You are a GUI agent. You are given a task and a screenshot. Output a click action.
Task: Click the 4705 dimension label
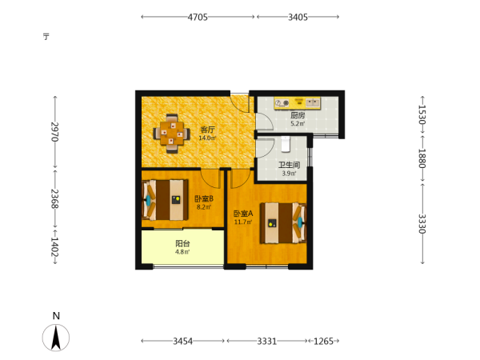pos(198,17)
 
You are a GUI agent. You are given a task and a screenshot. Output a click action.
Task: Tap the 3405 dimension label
pos(298,17)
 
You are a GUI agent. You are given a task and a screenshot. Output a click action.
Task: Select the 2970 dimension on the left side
pos(54,132)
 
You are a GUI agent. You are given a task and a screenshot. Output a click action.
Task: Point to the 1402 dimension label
pos(54,246)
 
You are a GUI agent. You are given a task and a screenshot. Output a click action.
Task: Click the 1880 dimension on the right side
pos(422,158)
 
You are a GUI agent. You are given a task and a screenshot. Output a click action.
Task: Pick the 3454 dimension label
pos(182,341)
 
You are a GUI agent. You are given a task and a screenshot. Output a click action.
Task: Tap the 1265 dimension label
pos(323,341)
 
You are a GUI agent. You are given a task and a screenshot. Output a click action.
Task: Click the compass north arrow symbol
pos(56,338)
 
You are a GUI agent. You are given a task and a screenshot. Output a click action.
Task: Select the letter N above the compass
pos(56,316)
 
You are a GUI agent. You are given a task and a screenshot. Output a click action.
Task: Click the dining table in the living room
pos(171,134)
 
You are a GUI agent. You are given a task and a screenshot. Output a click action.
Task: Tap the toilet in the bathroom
pos(286,144)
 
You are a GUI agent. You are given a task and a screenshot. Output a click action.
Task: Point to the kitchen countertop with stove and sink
pos(298,103)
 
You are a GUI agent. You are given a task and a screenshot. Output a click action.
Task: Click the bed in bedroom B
pos(166,200)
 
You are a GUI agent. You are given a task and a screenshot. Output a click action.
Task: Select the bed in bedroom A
pos(283,223)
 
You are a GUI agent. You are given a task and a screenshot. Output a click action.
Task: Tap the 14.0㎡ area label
pos(207,138)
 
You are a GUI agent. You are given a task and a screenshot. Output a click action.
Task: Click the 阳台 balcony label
pos(182,244)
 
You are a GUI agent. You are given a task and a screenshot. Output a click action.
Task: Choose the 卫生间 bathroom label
pos(289,166)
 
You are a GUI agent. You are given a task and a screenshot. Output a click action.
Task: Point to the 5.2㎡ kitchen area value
pos(298,124)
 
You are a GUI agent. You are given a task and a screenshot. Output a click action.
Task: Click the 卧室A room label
pos(243,214)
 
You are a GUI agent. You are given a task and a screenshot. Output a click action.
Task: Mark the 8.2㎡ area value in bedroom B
pos(204,207)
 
